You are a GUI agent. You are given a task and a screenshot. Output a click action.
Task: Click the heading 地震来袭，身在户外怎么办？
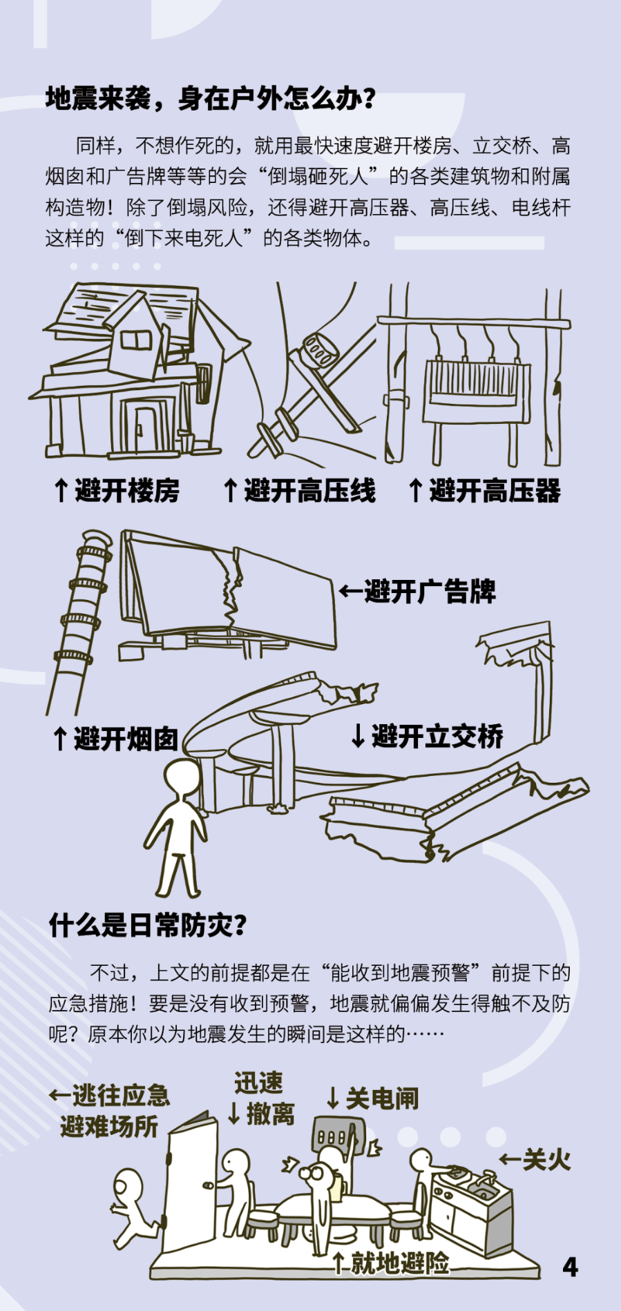click(211, 99)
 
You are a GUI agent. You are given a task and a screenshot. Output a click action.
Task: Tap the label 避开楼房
click(117, 491)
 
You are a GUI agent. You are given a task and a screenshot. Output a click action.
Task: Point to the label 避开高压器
click(485, 491)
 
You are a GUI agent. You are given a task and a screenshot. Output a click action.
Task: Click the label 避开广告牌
click(419, 592)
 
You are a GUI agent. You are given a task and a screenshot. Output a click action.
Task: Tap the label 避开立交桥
click(428, 736)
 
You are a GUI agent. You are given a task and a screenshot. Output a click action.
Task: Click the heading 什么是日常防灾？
click(148, 926)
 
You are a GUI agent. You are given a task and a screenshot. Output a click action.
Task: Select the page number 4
click(570, 1267)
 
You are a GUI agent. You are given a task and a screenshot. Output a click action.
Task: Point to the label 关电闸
click(373, 1098)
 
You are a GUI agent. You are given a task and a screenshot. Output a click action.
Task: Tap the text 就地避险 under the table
click(392, 1263)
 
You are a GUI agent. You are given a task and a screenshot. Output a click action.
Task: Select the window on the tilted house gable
click(135, 338)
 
